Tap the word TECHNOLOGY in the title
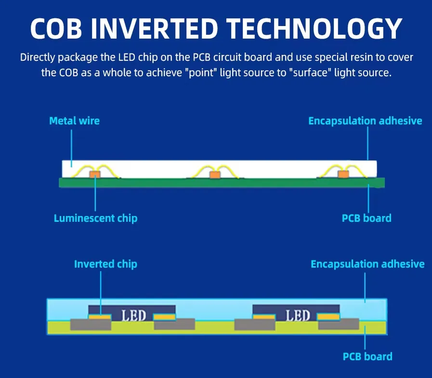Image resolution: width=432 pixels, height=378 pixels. (314, 28)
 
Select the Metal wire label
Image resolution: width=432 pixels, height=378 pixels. (74, 121)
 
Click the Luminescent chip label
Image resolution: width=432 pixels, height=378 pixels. (96, 218)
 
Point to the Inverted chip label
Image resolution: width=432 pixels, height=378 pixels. (105, 264)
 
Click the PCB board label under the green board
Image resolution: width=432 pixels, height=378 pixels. (367, 218)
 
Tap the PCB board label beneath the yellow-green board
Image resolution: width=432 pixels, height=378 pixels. (367, 356)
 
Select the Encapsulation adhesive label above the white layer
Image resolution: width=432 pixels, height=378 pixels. (365, 121)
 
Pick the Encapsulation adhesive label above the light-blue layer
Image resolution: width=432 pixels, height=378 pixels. (367, 264)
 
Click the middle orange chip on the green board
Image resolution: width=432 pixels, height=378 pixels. (215, 175)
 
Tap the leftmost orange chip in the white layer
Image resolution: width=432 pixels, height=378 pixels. (95, 175)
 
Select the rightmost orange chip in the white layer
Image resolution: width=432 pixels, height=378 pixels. (343, 175)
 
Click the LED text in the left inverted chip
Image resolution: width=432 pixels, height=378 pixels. (133, 315)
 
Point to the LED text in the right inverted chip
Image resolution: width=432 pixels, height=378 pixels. (298, 315)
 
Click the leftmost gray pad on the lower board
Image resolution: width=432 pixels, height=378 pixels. (91, 324)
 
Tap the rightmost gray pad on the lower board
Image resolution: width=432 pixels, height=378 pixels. (339, 324)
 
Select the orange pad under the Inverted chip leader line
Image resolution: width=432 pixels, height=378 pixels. (100, 317)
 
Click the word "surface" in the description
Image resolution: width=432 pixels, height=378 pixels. (311, 73)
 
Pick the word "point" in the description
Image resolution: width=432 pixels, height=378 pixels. (201, 73)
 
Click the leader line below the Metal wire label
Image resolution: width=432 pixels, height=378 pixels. (72, 148)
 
